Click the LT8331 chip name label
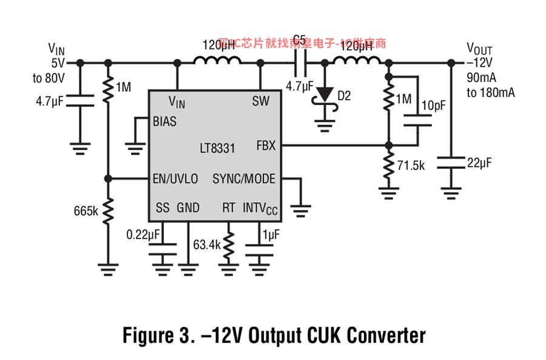click(218, 148)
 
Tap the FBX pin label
click(266, 146)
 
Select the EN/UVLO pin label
click(175, 178)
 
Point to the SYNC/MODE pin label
click(244, 178)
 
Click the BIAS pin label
click(166, 121)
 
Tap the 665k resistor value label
click(86, 211)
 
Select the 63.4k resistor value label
click(207, 245)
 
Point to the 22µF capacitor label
click(479, 163)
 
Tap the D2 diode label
click(344, 95)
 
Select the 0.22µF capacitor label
click(143, 234)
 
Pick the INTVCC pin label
click(260, 208)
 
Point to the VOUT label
click(479, 48)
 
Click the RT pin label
click(228, 208)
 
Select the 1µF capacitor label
click(271, 234)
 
